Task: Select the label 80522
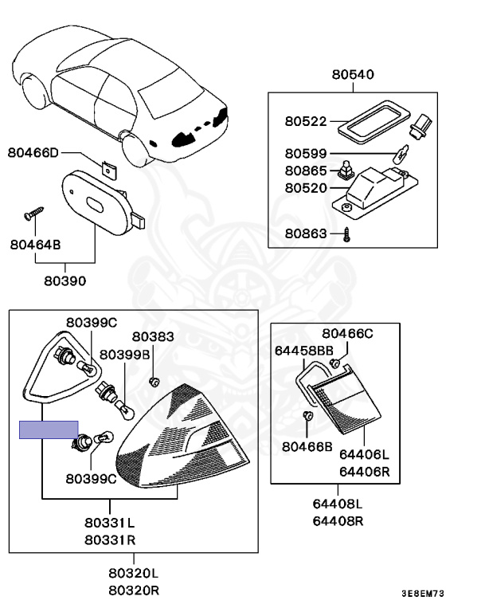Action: tap(306, 122)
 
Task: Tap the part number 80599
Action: tap(306, 153)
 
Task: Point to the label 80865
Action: tap(306, 171)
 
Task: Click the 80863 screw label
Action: tap(306, 234)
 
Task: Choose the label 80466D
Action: tap(34, 152)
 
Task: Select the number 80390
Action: tap(65, 281)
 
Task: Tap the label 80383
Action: tap(152, 337)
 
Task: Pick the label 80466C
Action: tap(347, 333)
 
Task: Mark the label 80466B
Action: tap(307, 447)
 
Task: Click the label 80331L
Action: tap(109, 524)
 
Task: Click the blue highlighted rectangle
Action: tap(49, 430)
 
